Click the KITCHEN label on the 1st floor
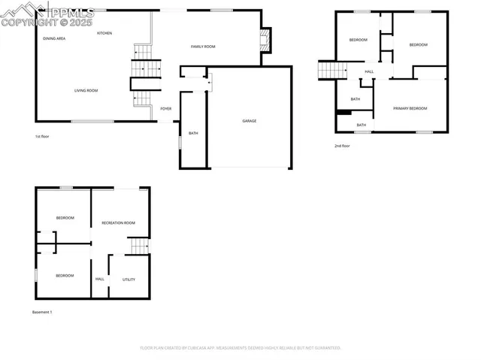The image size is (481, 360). (104, 33)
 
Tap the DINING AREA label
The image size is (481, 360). (53, 38)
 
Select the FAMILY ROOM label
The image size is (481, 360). (203, 47)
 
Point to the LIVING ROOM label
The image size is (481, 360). (86, 91)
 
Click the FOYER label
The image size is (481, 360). (165, 109)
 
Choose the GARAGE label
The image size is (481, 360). (249, 121)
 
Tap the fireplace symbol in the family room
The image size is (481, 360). (264, 40)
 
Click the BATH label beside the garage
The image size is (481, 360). (193, 134)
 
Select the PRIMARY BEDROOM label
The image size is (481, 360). (410, 109)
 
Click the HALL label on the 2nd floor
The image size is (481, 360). (369, 72)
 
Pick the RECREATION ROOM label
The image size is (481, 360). (118, 222)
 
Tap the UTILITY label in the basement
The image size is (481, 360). (129, 280)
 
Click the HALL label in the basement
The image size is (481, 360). (100, 280)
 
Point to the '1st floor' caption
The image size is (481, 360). (42, 137)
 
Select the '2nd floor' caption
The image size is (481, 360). (342, 146)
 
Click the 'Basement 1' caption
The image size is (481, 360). (42, 312)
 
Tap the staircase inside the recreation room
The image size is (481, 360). (138, 246)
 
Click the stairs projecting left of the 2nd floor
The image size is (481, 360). (331, 70)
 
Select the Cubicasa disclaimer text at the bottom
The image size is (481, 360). (240, 348)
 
